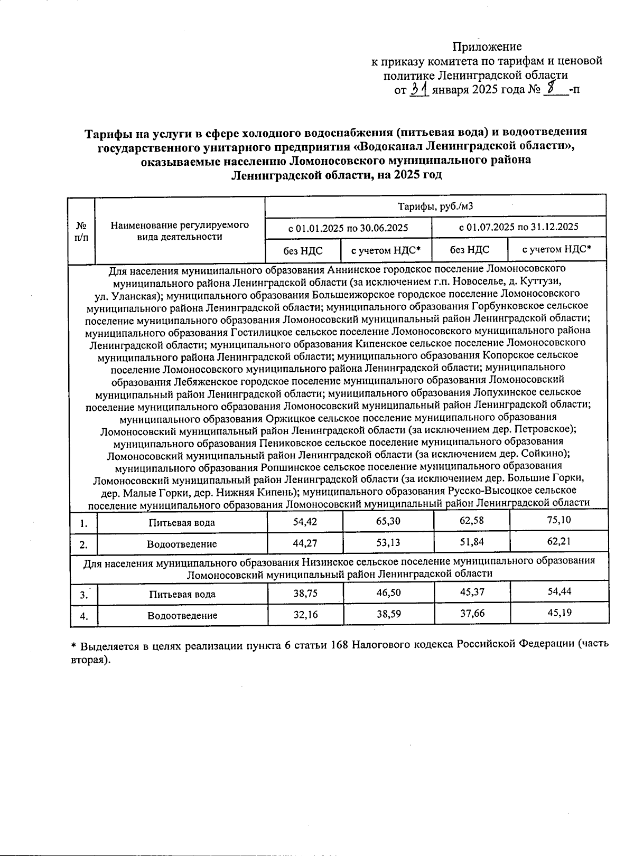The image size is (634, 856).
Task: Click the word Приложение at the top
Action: (x=487, y=46)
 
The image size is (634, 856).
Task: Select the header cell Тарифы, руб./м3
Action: (x=435, y=206)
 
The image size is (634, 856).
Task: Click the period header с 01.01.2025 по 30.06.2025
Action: (x=348, y=228)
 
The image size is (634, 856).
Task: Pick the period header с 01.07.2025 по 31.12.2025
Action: (x=519, y=227)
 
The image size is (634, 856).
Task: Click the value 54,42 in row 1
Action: (x=305, y=522)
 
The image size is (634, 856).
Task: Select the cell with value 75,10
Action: (x=560, y=520)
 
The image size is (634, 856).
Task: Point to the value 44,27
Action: (x=305, y=542)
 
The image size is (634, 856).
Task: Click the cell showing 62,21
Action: (x=560, y=541)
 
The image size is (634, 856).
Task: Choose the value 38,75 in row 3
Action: (x=305, y=593)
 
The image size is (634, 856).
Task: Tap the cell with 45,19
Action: (x=560, y=613)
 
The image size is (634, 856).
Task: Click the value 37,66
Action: (x=472, y=613)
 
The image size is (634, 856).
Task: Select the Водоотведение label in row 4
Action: (x=182, y=615)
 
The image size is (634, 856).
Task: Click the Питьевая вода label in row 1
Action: (x=182, y=523)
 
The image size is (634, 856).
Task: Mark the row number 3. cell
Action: (x=84, y=595)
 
